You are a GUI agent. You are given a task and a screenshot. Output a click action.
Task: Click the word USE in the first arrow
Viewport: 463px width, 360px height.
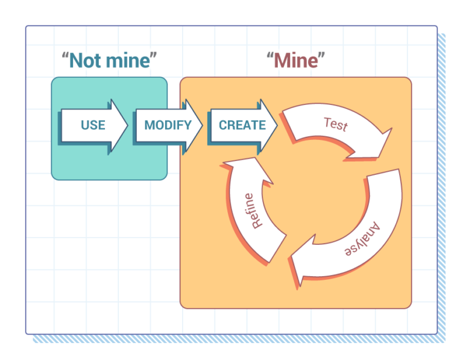(x=93, y=125)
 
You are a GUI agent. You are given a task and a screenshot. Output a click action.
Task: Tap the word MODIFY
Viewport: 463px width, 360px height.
(x=168, y=125)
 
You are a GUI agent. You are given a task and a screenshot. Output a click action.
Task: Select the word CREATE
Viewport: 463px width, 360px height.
(x=242, y=125)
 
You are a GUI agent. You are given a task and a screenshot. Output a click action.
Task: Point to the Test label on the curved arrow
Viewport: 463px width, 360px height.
(x=336, y=124)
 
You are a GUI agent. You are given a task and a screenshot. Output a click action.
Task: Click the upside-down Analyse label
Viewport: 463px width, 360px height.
(x=362, y=239)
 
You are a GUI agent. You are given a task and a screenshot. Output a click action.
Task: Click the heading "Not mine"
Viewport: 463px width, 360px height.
(x=109, y=60)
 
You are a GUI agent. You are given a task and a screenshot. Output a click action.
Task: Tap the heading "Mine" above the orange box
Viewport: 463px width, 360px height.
(x=295, y=60)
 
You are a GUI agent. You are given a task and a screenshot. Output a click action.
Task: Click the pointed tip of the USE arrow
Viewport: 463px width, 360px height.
(x=127, y=125)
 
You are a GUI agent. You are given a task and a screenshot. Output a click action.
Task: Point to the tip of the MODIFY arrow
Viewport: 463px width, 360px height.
(x=203, y=125)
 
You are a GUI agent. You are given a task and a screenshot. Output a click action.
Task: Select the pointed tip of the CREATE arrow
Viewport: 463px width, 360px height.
(x=277, y=125)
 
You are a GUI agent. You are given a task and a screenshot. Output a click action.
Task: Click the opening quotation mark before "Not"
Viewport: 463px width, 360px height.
(x=65, y=55)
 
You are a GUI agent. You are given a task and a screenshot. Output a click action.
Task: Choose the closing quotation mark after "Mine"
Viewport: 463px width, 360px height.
(x=321, y=55)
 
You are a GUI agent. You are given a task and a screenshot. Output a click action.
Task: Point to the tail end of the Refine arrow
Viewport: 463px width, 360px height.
(x=277, y=248)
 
